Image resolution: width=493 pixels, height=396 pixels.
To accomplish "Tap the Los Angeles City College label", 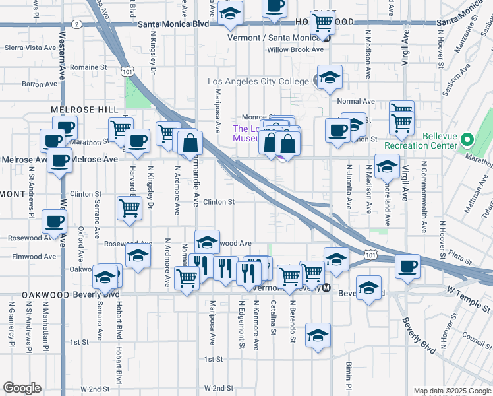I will coord(258,81).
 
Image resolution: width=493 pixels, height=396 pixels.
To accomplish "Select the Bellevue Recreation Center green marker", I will coord(467,140).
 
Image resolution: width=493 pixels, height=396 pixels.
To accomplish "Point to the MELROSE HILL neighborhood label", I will coord(85,109).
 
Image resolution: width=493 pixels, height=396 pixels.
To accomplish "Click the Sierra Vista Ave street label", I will coord(30,48).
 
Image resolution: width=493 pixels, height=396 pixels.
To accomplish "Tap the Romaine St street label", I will coord(88,67).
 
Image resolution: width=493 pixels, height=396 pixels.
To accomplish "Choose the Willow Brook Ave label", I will coord(295,49).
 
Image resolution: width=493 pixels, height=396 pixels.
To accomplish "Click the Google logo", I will coord(22,388).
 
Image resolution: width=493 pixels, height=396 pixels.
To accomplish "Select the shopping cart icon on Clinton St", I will coord(129,207).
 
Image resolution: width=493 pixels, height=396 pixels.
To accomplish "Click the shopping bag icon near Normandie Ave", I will coord(190,142).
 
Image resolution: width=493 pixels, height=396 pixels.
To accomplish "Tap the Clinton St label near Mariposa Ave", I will coord(219,202).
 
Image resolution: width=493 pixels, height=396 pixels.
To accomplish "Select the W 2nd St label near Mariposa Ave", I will coord(219,388).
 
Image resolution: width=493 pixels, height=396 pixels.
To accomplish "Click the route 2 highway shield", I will coord(77,24).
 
